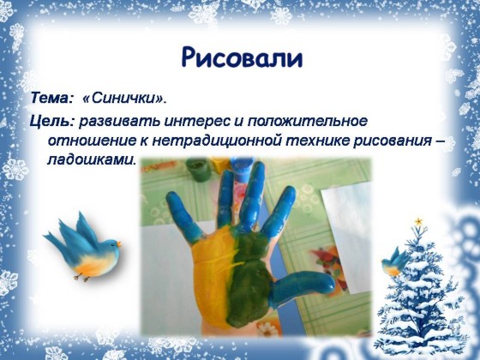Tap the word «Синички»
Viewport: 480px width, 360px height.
tap(124, 98)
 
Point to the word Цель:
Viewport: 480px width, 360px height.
tap(52, 122)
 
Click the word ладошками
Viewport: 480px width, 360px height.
tap(91, 159)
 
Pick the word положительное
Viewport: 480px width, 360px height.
tap(308, 121)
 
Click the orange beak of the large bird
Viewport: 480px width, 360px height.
tap(119, 244)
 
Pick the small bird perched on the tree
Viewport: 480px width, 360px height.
tap(394, 262)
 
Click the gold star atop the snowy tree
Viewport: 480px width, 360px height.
tap(418, 221)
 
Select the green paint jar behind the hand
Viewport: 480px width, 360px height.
tap(198, 169)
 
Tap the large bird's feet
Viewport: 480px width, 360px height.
tap(82, 278)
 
